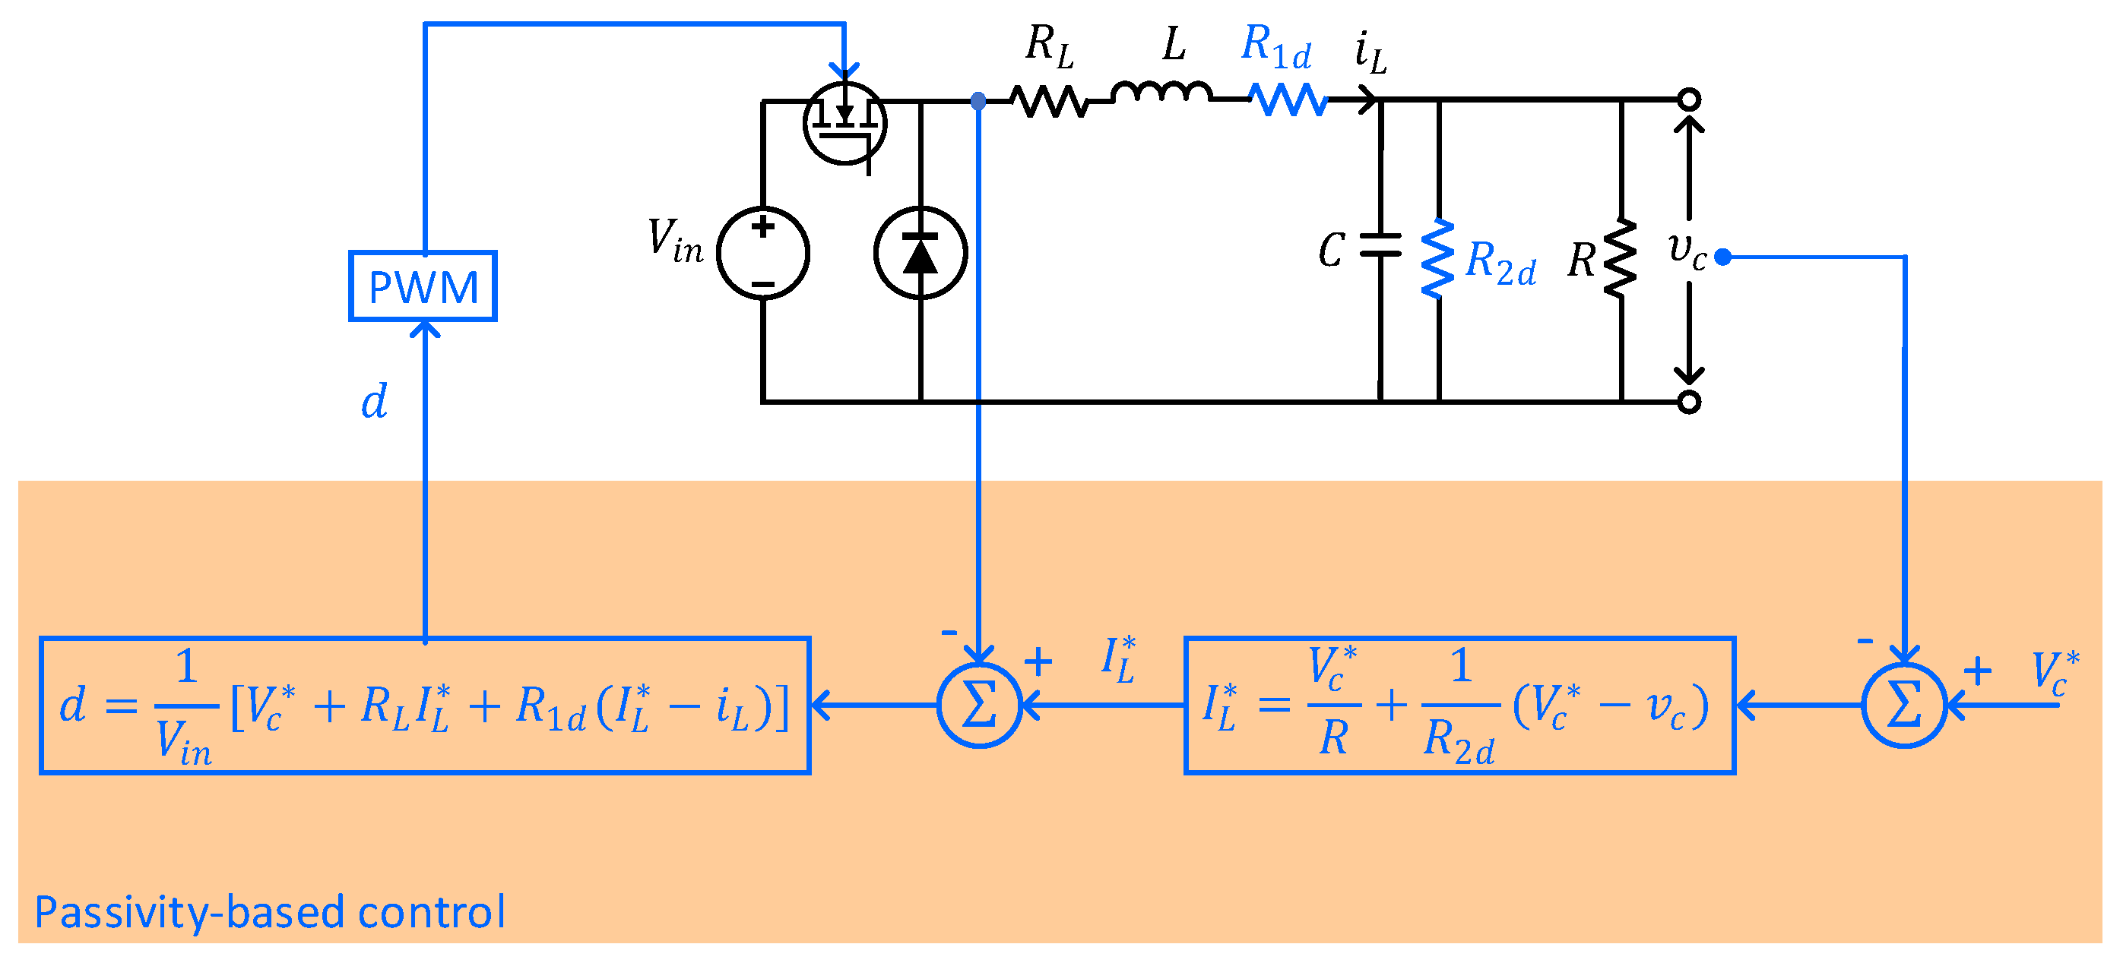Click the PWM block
(423, 286)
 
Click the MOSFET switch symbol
(844, 124)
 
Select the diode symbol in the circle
(920, 253)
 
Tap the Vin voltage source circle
(762, 253)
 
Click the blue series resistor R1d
(1288, 100)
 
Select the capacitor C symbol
(1380, 245)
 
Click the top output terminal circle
(1689, 99)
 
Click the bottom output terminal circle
(1689, 402)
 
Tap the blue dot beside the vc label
(1722, 257)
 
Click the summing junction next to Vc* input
(1904, 705)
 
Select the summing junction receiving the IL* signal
(979, 705)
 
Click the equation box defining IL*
(1459, 705)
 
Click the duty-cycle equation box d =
(424, 705)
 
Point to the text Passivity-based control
(270, 912)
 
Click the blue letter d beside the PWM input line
(374, 401)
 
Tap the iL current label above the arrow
(1370, 52)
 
